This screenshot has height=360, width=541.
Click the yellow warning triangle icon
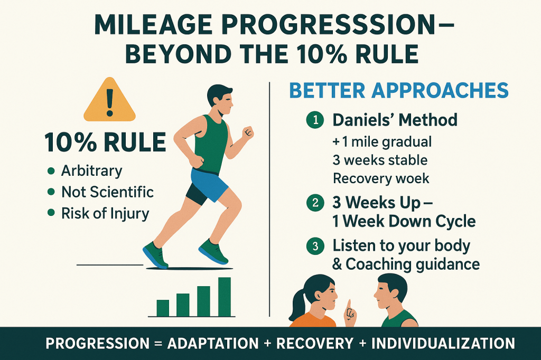110,100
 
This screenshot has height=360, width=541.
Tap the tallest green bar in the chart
224,297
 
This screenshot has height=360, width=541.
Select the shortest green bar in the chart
163,308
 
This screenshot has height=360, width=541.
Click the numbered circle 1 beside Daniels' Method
315,120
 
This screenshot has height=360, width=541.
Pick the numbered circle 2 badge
315,203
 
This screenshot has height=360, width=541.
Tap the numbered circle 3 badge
315,246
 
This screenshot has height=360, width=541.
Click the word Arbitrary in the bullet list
92,171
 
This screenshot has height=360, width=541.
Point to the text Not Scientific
107,192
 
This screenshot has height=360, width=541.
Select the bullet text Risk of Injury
105,214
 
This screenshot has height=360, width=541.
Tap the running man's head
220,99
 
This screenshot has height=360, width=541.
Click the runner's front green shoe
213,251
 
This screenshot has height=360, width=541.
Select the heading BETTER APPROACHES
398,90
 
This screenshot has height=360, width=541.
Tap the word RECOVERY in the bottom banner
315,344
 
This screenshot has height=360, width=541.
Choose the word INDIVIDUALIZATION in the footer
443,344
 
